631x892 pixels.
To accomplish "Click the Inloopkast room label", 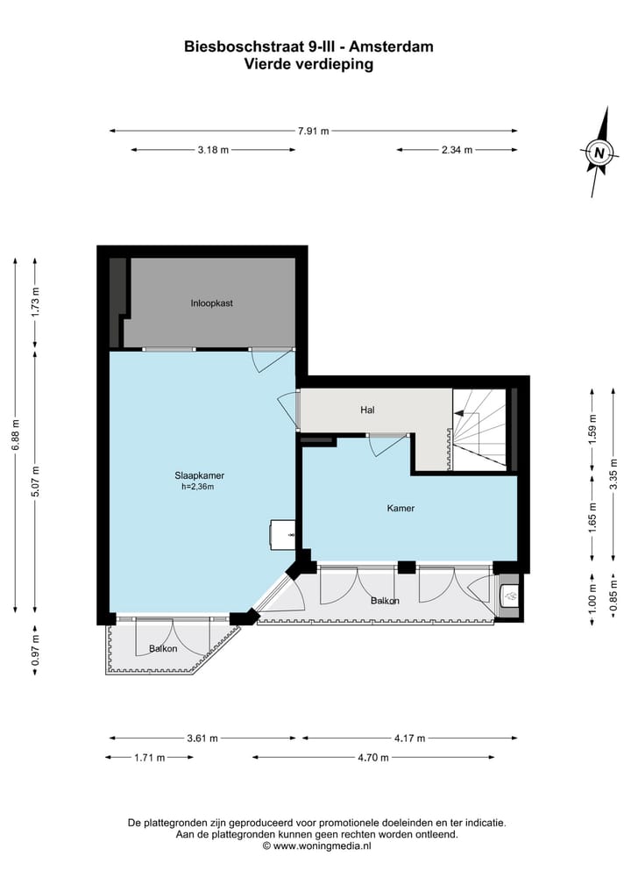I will (x=211, y=303).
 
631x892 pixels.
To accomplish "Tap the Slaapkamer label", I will (x=194, y=475).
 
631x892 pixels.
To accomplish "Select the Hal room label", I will (x=368, y=410).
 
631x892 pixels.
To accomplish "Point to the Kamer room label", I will (x=401, y=508).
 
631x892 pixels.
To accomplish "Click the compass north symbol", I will (x=599, y=152).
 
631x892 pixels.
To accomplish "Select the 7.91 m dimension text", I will (x=313, y=132).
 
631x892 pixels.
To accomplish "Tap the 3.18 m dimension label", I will (x=213, y=150).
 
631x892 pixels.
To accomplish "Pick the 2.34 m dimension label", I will (x=457, y=150).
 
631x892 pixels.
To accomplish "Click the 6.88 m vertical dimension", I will (x=15, y=434).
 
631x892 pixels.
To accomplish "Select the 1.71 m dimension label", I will (x=150, y=758).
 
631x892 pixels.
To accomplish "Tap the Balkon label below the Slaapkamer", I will (x=163, y=649).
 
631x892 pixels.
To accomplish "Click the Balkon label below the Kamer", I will (x=385, y=601).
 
